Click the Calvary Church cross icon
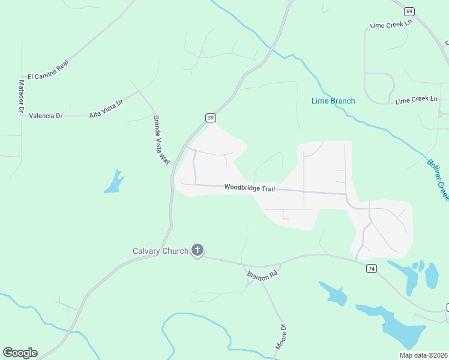pyautogui.click(x=197, y=251)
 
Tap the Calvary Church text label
pyautogui.click(x=160, y=251)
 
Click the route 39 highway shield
pyautogui.click(x=210, y=118)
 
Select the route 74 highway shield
pyautogui.click(x=372, y=269)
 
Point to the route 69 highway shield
pyautogui.click(x=409, y=11)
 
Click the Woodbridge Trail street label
pyautogui.click(x=249, y=188)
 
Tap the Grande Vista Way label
pyautogui.click(x=161, y=140)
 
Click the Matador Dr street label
pyautogui.click(x=21, y=97)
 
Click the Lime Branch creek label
pyautogui.click(x=333, y=101)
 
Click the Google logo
pyautogui.click(x=20, y=353)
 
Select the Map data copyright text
pyautogui.click(x=423, y=355)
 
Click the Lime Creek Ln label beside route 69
pyautogui.click(x=391, y=24)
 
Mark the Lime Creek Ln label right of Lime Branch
pyautogui.click(x=416, y=100)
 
